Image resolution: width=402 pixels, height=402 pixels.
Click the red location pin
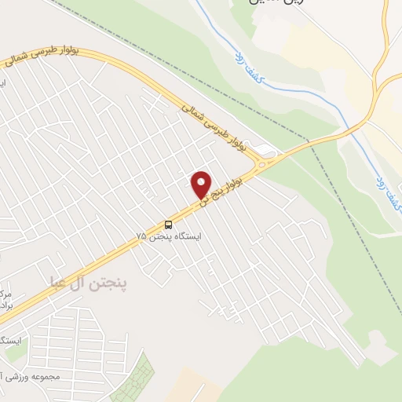pos(202,184)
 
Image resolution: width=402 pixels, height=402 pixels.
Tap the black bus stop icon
pos(169,225)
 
